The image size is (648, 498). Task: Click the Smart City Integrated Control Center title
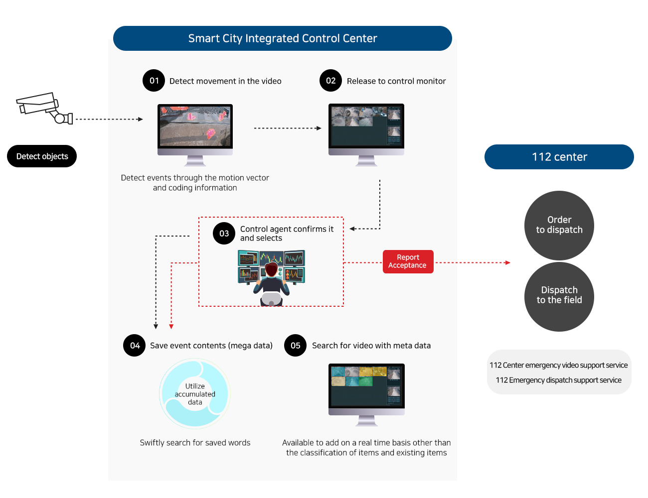click(x=283, y=38)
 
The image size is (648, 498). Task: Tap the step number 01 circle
click(x=154, y=81)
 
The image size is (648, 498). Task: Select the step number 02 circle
click(x=331, y=81)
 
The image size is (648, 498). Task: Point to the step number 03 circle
click(x=224, y=233)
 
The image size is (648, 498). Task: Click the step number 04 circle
click(x=135, y=346)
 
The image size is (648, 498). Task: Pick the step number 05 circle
click(x=296, y=346)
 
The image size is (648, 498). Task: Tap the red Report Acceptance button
click(x=408, y=261)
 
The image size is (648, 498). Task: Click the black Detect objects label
click(x=42, y=156)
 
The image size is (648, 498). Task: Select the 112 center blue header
click(x=559, y=157)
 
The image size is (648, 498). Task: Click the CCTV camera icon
click(x=44, y=109)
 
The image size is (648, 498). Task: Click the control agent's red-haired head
click(x=271, y=270)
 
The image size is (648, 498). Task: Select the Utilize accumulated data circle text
click(x=195, y=394)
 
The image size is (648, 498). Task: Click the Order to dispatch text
click(x=559, y=225)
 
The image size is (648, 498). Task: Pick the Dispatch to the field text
click(x=559, y=295)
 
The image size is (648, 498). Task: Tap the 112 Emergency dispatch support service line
click(x=558, y=380)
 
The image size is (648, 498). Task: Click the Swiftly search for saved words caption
click(x=195, y=443)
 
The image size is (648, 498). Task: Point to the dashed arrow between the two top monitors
click(x=288, y=128)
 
